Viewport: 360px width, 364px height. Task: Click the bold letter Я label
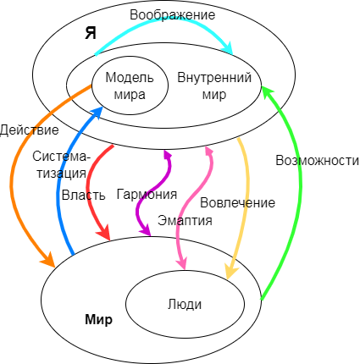[91, 34]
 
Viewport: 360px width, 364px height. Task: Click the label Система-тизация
[59, 165]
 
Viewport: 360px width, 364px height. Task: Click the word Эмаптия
[184, 220]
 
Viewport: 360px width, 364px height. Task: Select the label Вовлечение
[237, 203]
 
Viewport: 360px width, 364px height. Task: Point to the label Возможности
[311, 159]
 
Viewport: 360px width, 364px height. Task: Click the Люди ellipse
[185, 302]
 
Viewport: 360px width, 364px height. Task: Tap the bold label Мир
[99, 321]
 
